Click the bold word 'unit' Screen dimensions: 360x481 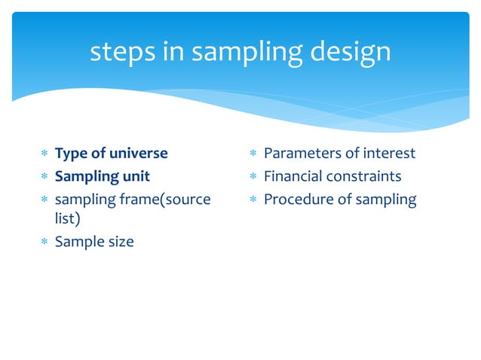(x=136, y=177)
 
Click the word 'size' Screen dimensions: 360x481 (x=119, y=243)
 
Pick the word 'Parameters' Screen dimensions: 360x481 (x=302, y=154)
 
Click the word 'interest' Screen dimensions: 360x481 (x=388, y=154)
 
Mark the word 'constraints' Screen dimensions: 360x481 (x=366, y=177)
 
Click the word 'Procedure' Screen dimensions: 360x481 (x=296, y=200)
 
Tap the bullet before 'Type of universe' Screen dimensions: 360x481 (x=44, y=154)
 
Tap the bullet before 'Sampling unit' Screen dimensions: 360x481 (x=44, y=178)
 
